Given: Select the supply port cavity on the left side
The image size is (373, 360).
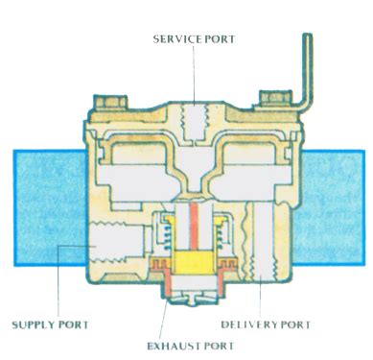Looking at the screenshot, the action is (x=105, y=245).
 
